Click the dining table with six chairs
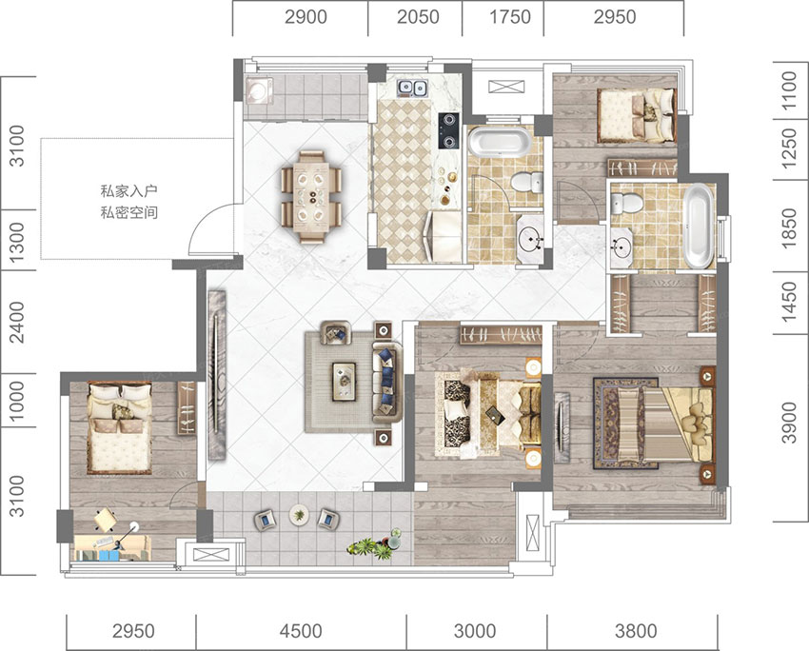tap(311, 196)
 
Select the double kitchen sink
tap(412, 89)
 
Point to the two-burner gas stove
tap(448, 130)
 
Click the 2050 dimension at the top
tap(418, 17)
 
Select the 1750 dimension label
tap(510, 17)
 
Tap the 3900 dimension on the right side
tap(789, 422)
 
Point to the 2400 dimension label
tap(17, 323)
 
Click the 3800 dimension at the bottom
tap(636, 631)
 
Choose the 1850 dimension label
tap(789, 228)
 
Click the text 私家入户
tap(128, 191)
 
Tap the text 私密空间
tap(128, 212)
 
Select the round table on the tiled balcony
tap(299, 514)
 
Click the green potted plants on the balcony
tap(376, 544)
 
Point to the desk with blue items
tap(112, 547)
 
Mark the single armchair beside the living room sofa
tap(335, 333)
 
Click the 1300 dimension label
tap(17, 241)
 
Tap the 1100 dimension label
tap(789, 90)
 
